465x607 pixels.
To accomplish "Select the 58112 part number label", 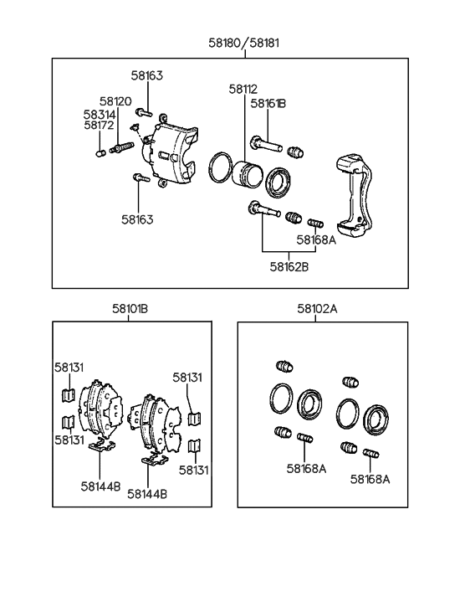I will click(x=243, y=89).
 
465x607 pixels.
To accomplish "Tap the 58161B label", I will click(x=268, y=103).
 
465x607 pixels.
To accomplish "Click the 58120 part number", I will click(x=115, y=100).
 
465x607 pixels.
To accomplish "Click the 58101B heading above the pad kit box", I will click(x=130, y=308).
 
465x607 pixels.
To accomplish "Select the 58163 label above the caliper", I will click(x=146, y=75).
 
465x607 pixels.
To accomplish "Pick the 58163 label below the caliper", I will click(x=138, y=219).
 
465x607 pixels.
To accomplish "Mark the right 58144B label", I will click(x=147, y=493).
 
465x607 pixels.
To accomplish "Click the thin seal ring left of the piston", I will click(x=221, y=166).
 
